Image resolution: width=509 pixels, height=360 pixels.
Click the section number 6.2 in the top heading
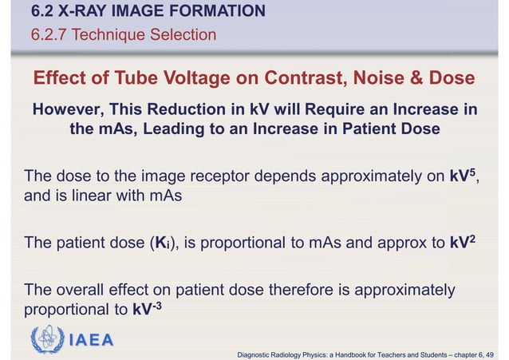[x=42, y=11]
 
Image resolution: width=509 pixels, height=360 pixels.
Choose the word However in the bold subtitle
[x=66, y=109]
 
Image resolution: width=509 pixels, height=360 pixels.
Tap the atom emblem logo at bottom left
[x=47, y=340]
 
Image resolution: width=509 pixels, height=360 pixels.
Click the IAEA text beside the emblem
[x=89, y=341]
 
